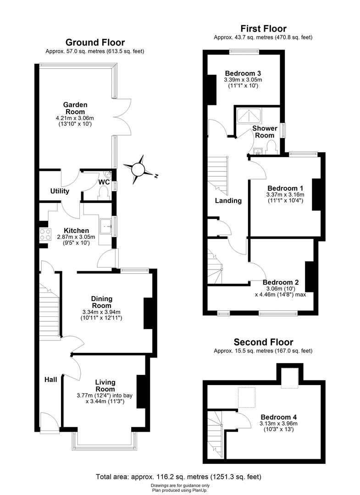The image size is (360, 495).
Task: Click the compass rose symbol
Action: point(139,169)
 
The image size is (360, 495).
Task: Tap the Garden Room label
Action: point(76,108)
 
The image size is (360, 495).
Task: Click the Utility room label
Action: point(60,191)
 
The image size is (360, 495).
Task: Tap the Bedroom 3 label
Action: point(243,73)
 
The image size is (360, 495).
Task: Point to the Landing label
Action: point(228,200)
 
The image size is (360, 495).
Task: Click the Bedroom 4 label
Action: point(278,417)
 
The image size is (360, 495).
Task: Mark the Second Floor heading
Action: point(263,342)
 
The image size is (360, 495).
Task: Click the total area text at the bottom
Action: point(179,477)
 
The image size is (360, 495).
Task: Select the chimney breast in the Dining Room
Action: point(148,313)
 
